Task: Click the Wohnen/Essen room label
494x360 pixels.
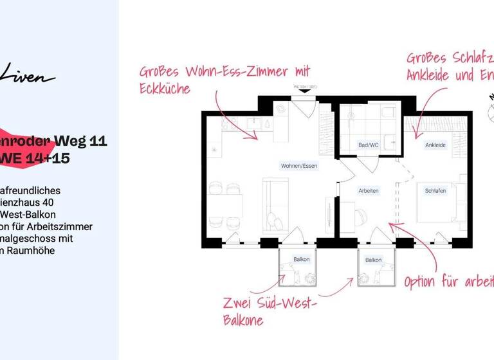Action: click(299, 166)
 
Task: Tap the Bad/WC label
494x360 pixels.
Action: click(368, 145)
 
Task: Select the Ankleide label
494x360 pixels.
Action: click(435, 145)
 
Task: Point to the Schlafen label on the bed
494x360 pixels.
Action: click(435, 191)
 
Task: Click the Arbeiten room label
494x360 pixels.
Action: click(369, 191)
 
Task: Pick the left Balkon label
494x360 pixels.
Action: click(302, 260)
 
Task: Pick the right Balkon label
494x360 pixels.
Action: click(373, 260)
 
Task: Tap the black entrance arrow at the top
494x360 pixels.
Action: click(305, 91)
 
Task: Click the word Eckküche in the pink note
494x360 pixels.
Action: click(165, 89)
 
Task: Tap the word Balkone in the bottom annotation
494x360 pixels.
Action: click(243, 320)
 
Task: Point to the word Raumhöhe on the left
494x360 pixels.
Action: click(32, 250)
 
